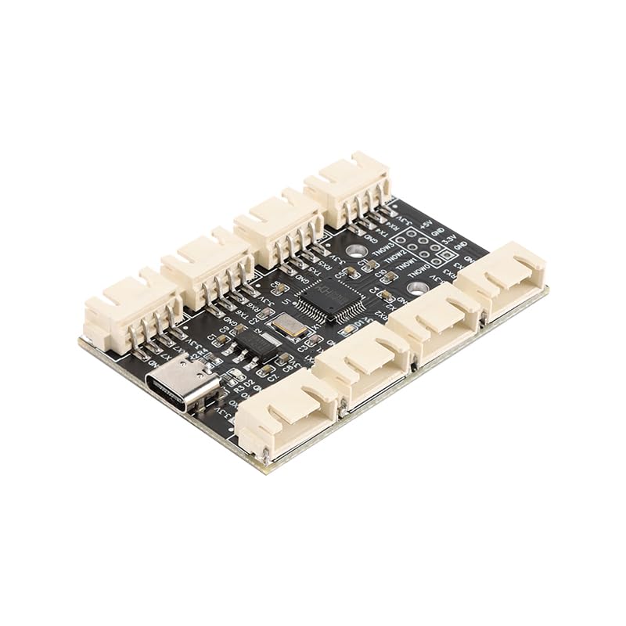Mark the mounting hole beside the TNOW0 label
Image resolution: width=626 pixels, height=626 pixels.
tap(419, 287)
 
